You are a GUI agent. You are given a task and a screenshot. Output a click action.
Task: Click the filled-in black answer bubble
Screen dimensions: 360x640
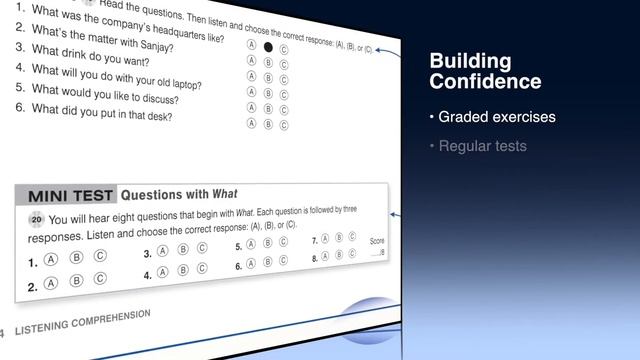tap(267, 47)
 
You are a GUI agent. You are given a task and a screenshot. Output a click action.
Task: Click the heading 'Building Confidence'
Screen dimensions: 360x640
tap(484, 71)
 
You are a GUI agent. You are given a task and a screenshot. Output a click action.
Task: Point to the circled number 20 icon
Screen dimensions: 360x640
tap(37, 220)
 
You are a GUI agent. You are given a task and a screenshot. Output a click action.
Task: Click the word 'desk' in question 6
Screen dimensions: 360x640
tap(158, 116)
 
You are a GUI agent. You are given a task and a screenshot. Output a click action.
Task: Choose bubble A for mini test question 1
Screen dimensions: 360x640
tap(49, 261)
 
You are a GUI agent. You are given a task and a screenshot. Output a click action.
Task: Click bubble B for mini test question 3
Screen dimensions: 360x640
tap(182, 251)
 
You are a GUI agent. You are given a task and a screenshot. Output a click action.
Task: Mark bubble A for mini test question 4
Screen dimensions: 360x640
tap(162, 272)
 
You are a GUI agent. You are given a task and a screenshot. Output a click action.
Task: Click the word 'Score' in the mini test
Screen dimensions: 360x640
tap(377, 241)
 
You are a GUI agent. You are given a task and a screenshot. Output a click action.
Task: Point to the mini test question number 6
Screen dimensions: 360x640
tap(238, 266)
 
